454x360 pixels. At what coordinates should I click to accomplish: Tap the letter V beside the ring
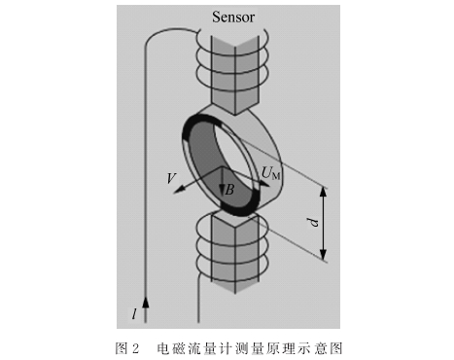[x=171, y=178]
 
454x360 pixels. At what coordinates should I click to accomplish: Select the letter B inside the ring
[x=229, y=190]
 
